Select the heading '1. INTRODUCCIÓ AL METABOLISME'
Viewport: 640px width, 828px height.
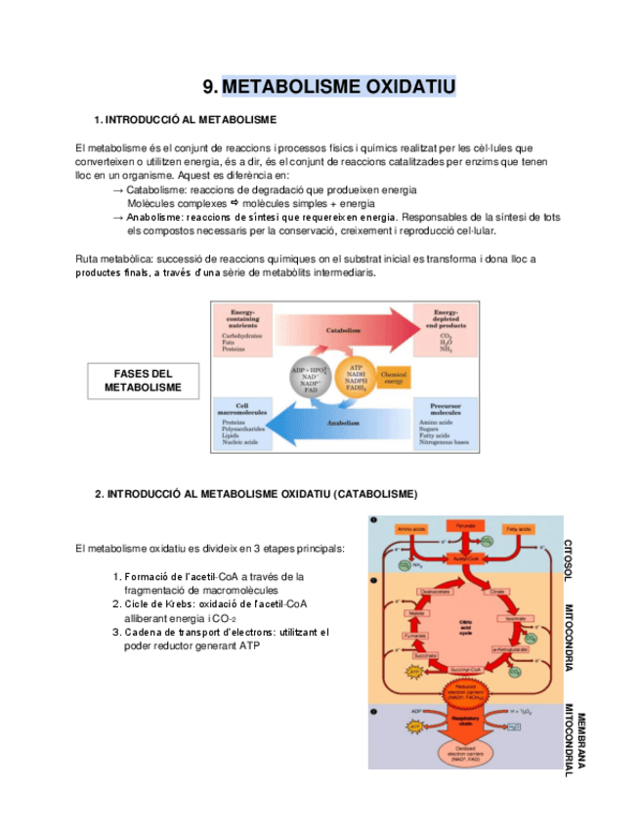[x=186, y=119]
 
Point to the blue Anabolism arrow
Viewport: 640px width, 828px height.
[x=337, y=423]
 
